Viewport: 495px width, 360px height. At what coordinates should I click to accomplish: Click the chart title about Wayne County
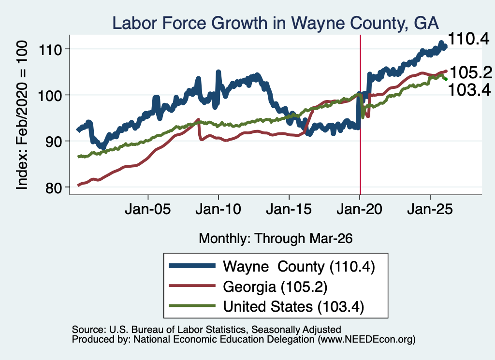coord(275,23)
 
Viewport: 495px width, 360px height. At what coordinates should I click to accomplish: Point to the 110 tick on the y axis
coord(50,50)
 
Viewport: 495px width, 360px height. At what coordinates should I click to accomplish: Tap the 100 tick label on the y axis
coord(50,96)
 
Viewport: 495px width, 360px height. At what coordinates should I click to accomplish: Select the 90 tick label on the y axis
coord(53,142)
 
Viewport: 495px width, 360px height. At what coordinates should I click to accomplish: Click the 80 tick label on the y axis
coord(53,188)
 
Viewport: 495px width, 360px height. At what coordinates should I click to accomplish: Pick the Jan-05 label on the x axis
coord(148,209)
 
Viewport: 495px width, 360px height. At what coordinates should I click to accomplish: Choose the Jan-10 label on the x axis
coord(218,209)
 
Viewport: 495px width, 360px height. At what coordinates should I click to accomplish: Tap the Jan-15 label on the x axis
coord(289,209)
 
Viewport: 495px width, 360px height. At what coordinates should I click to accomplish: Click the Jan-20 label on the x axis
coord(359,209)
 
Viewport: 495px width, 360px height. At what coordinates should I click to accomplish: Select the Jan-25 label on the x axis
coord(430,209)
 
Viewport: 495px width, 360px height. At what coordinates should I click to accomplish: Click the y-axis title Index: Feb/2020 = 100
coord(22,115)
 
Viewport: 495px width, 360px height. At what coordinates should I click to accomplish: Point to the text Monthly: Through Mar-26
coord(276,239)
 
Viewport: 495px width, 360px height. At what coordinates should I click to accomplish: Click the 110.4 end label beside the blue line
coord(468,39)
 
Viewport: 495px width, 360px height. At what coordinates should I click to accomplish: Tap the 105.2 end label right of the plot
coord(471,72)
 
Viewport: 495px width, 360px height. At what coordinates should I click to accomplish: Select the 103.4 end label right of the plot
coord(469,89)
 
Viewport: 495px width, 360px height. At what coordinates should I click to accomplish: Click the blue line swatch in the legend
coord(192,266)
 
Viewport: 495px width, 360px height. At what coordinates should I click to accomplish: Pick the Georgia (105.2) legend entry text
coord(275,287)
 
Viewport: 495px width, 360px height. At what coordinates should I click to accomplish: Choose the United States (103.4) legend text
coord(293,307)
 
